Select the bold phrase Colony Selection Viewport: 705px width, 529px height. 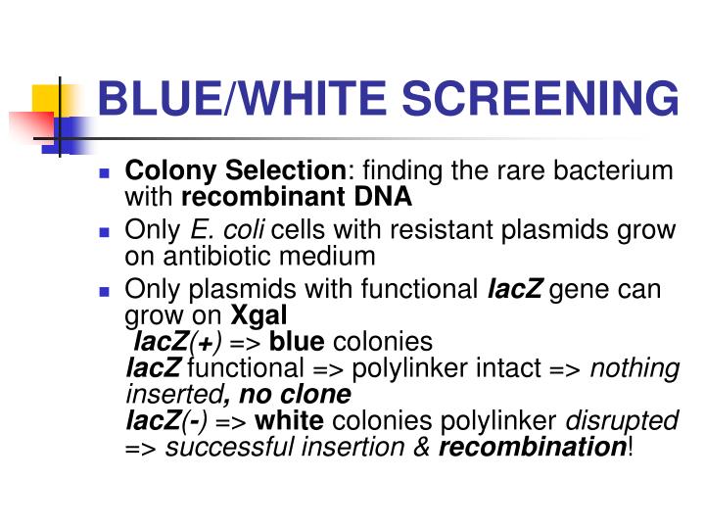(235, 171)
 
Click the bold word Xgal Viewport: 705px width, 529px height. (258, 315)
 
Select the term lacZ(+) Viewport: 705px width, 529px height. (177, 342)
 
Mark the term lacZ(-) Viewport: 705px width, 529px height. (167, 421)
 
